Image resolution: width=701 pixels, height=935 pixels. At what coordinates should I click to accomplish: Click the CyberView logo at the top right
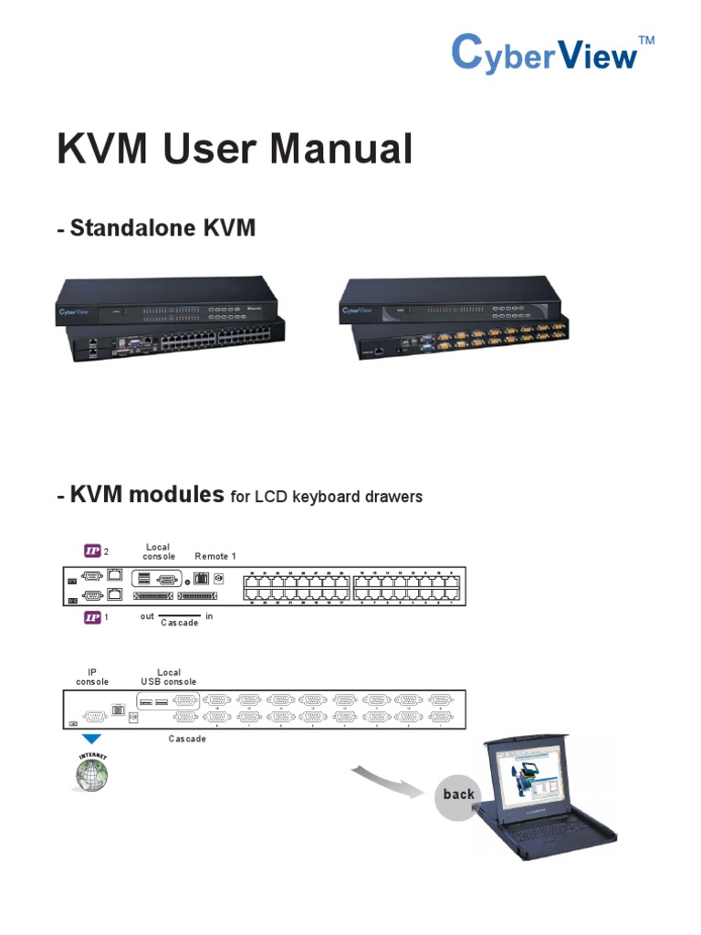click(545, 53)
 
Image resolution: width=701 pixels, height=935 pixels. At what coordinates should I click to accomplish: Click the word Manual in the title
click(335, 150)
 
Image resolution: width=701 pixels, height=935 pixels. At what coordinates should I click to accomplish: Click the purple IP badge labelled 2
click(92, 550)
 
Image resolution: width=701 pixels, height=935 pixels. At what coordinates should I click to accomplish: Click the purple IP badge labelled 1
click(92, 617)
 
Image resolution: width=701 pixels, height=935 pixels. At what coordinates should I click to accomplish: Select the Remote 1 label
click(215, 556)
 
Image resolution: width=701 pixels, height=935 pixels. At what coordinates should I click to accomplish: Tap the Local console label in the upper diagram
click(158, 552)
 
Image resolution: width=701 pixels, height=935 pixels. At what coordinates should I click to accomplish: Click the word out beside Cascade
click(147, 616)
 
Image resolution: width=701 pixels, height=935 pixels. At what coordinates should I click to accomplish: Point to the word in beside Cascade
click(209, 616)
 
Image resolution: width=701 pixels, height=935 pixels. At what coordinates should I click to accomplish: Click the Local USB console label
click(168, 677)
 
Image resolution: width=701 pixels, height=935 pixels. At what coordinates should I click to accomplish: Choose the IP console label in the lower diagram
click(92, 677)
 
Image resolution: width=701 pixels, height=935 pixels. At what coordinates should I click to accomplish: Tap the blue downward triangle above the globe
click(92, 739)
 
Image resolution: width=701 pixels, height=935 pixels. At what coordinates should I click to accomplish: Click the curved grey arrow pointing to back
click(389, 778)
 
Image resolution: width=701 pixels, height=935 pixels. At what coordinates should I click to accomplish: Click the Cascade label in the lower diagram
click(187, 739)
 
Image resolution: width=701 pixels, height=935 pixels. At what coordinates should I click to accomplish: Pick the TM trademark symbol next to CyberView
click(646, 40)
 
